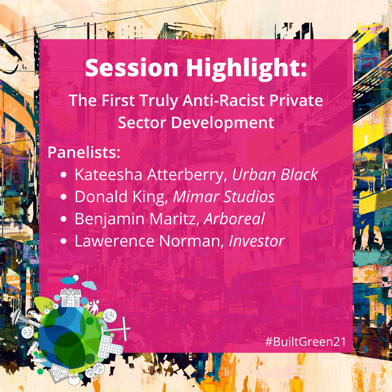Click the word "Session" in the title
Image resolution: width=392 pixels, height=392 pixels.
[131, 68]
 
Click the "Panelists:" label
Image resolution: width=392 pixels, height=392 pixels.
[84, 152]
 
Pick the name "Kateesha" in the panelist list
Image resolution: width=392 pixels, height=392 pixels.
[109, 174]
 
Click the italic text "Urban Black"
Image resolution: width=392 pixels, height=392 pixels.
[275, 174]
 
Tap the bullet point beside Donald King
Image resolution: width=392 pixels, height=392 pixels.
[64, 197]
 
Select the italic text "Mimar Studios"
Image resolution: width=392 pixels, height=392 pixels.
[224, 197]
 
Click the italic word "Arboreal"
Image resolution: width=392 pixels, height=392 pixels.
[234, 219]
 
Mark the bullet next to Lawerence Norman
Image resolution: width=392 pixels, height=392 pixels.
[64, 241]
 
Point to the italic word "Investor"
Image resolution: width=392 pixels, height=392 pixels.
[257, 241]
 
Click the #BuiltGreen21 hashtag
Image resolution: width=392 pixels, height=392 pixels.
[306, 342]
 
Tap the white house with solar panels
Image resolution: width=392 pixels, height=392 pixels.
[71, 298]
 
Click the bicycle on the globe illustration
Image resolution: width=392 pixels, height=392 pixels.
[50, 307]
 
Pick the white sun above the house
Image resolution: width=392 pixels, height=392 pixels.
[75, 278]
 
